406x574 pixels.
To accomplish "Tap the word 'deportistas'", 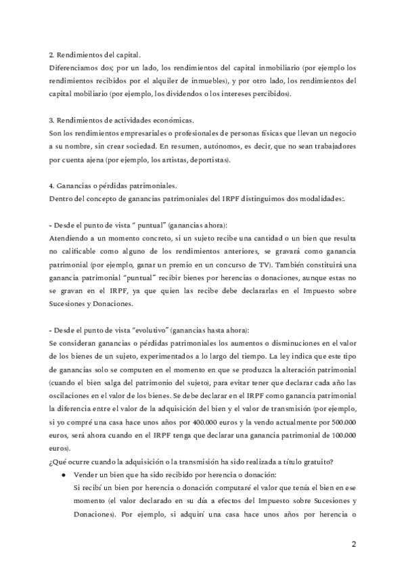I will coord(206,160).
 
